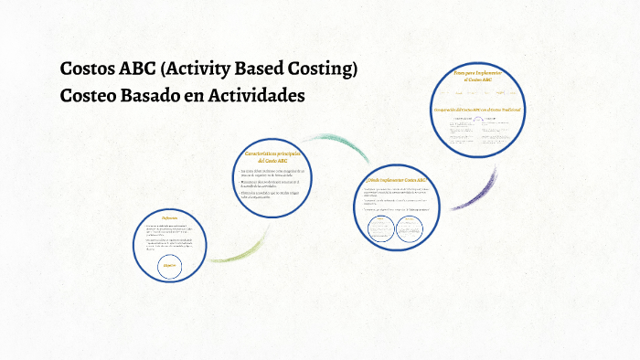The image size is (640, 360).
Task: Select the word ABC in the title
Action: [140, 69]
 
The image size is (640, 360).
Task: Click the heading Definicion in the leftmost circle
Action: [169, 217]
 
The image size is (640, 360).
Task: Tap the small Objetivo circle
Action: [170, 265]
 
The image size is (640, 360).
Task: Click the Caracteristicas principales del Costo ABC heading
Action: [275, 157]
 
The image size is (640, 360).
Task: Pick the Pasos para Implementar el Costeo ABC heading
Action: [477, 76]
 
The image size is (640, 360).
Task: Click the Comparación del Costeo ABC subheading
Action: [477, 110]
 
